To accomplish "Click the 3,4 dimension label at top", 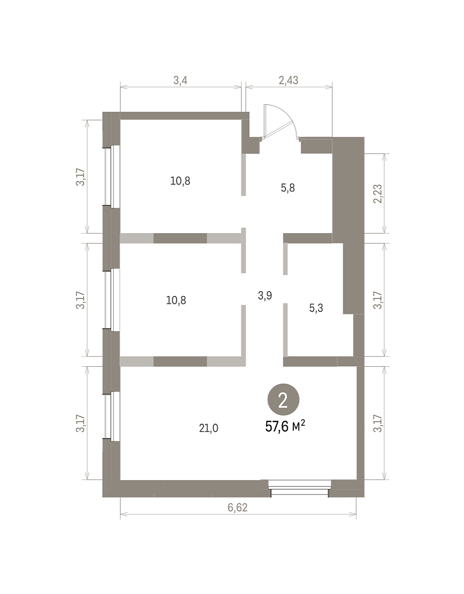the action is [180, 80].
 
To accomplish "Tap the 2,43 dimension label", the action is [288, 80].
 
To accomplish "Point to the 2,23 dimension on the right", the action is [378, 194].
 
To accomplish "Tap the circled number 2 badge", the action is [283, 399].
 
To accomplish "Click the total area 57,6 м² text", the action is [285, 427].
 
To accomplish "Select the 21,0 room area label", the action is [208, 428].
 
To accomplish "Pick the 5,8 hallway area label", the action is [287, 188].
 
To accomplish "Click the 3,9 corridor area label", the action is [265, 296].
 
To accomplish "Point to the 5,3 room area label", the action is [316, 308].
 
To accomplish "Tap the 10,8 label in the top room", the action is [180, 181].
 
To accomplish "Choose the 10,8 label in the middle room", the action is [176, 300].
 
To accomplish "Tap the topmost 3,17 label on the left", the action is [80, 178].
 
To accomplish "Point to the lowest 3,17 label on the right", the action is [378, 423].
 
